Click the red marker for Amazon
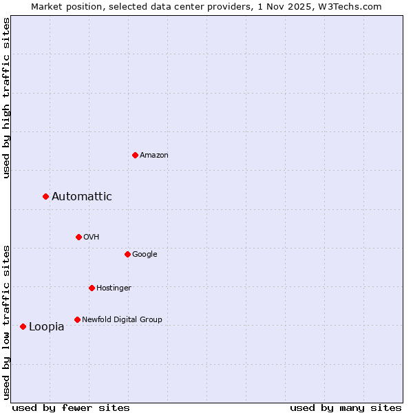135,155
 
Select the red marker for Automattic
46,197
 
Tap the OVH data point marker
78,237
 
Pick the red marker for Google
127,254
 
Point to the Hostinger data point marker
92,288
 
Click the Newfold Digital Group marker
77,319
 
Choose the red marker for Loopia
23,326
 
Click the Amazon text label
154,156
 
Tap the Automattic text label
82,197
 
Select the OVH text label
92,237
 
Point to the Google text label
145,255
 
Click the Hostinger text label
114,288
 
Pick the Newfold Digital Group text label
122,320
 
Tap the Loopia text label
47,327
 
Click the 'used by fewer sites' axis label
71,408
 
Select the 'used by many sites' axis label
346,408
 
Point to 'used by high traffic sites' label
7,98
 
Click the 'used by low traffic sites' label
7,321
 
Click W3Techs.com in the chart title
357,7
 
